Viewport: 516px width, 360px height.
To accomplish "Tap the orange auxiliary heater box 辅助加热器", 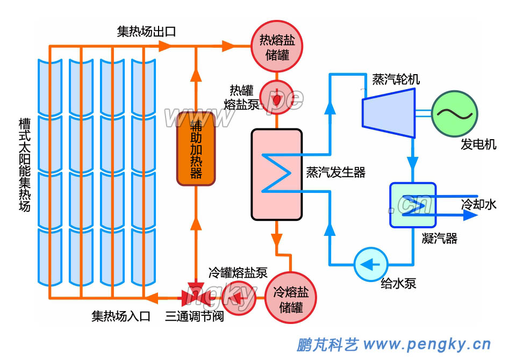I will (196, 148).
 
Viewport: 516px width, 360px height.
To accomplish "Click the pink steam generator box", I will (277, 174).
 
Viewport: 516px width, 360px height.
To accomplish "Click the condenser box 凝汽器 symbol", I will (413, 205).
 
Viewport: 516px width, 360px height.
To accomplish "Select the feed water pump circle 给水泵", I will (371, 264).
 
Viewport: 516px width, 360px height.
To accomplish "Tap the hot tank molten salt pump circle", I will (276, 97).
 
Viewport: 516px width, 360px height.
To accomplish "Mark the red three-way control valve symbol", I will (196, 296).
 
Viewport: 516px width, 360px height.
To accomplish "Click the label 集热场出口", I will (146, 32).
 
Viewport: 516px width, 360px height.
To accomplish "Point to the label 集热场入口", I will (121, 316).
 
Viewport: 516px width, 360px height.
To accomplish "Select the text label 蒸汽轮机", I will (396, 79).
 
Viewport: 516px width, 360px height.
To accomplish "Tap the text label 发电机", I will (478, 145).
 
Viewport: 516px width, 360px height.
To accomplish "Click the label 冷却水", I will (479, 204).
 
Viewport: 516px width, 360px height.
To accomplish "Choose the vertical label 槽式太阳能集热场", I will (24, 164).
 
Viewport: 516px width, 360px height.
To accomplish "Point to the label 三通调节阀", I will (195, 316).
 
